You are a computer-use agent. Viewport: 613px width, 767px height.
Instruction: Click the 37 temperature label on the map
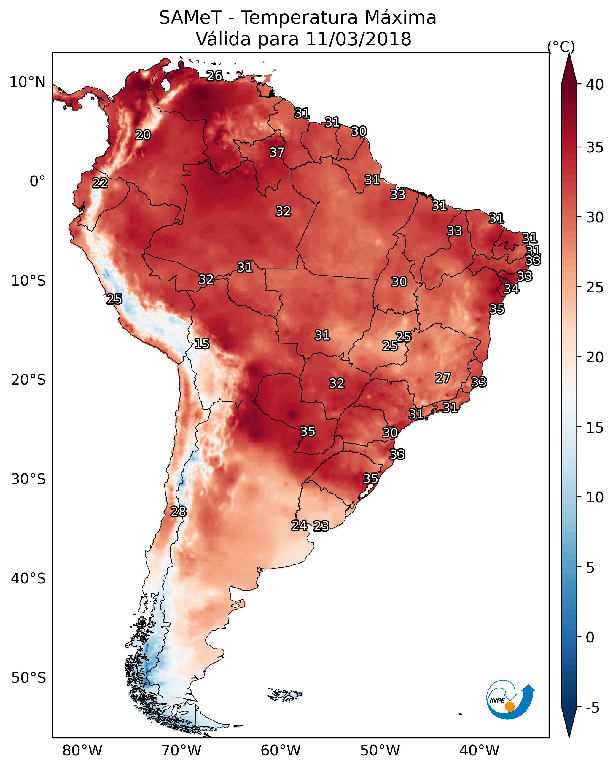pos(276,152)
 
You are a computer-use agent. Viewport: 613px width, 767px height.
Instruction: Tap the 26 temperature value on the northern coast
pos(214,76)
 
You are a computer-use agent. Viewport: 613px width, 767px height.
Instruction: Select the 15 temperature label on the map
pos(202,344)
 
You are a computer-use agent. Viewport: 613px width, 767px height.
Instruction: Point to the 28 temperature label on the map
pos(178,512)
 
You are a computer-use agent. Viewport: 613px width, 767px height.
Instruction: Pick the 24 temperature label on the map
pos(299,525)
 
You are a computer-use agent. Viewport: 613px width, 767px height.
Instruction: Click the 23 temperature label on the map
pos(321,526)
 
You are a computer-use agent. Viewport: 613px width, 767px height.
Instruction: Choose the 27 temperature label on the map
pos(443,378)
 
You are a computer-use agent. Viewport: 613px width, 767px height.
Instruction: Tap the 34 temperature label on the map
pos(511,289)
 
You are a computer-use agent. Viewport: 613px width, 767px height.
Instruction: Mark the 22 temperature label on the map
pos(100,183)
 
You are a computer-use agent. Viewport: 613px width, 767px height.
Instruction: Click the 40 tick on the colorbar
pos(595,85)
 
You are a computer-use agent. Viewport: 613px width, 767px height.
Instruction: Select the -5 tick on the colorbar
pos(592,708)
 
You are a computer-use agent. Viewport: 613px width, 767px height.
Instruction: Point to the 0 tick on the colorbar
pos(590,637)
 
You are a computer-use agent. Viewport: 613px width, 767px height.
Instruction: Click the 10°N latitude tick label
pos(27,82)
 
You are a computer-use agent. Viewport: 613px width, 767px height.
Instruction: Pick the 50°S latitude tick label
pos(28,678)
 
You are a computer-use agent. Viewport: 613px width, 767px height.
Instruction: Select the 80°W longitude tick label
pos(82,751)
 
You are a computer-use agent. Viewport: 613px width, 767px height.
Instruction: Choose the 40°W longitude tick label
pos(479,751)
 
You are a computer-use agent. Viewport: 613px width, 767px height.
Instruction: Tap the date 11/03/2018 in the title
pos(358,39)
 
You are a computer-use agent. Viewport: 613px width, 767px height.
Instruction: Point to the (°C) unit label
pos(561,47)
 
